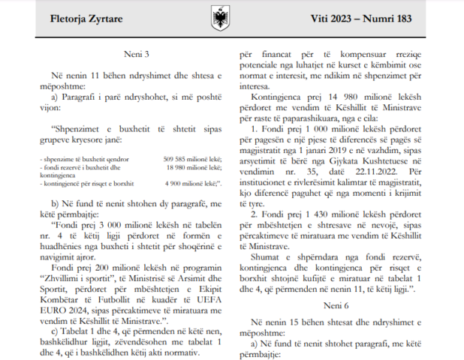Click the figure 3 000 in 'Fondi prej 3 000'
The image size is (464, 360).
(x=103, y=223)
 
